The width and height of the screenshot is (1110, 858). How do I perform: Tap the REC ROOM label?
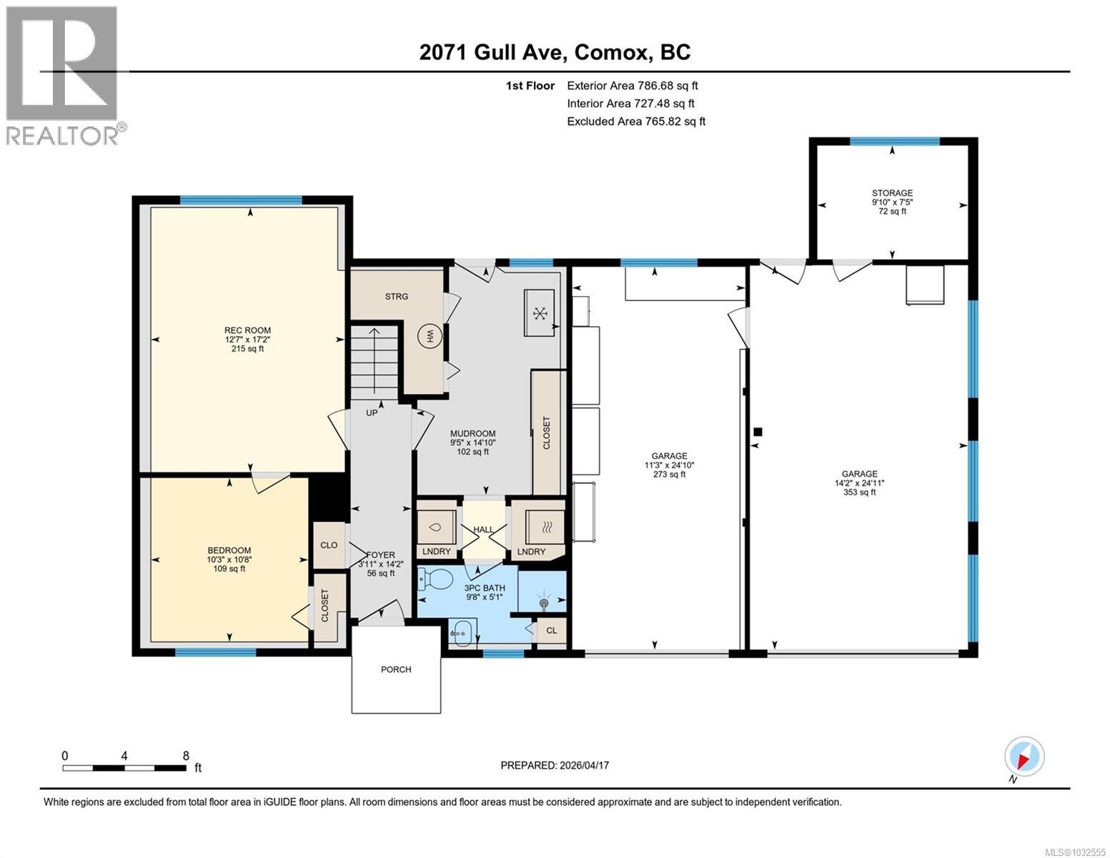click(238, 330)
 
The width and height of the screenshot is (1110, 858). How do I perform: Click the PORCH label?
click(396, 669)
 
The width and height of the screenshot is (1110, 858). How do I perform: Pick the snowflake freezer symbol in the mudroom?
click(540, 312)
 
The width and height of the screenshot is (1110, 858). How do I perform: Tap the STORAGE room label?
click(892, 193)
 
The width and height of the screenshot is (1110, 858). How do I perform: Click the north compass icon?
click(1024, 756)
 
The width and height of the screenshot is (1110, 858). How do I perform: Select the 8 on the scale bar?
click(186, 756)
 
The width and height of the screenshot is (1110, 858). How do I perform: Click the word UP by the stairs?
click(372, 413)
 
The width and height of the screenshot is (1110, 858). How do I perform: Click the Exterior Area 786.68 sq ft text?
click(632, 85)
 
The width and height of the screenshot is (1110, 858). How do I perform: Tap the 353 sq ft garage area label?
click(859, 492)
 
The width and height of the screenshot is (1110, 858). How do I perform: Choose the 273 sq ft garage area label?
click(669, 474)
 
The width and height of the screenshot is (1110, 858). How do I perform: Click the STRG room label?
click(397, 296)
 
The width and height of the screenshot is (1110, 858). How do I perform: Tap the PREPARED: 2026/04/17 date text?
click(555, 765)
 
